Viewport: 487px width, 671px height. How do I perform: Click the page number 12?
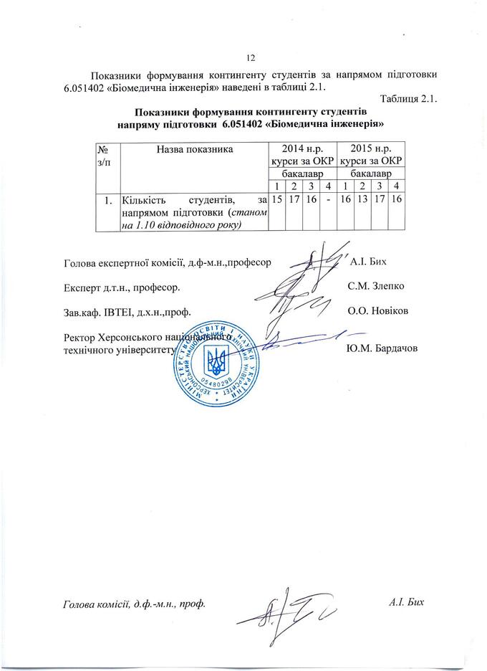[x=251, y=58]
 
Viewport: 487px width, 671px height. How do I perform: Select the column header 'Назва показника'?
[x=192, y=150]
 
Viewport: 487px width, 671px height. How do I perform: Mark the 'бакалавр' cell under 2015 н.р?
[x=371, y=173]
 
